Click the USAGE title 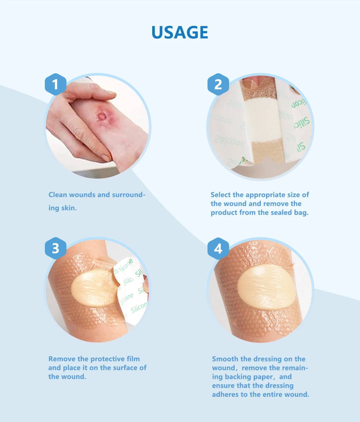point(180,32)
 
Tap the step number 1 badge point(55,84)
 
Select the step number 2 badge point(218,84)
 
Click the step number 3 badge point(55,248)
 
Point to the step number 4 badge point(218,249)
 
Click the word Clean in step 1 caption point(58,195)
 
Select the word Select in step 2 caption point(221,195)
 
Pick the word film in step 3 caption point(133,359)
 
